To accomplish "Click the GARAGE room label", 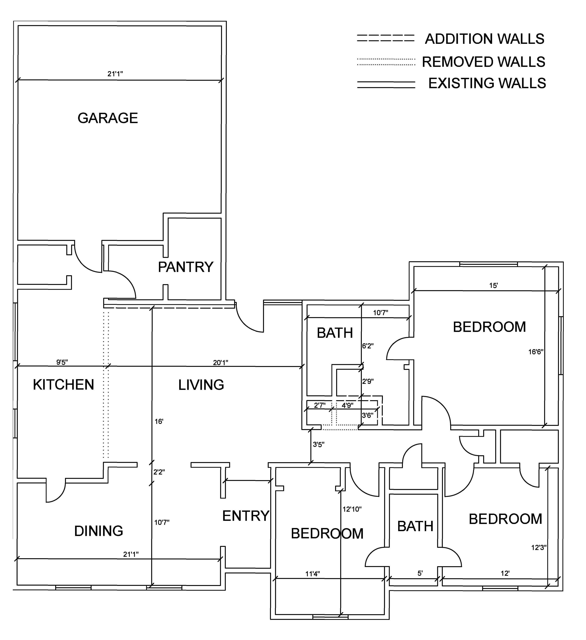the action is (108, 118).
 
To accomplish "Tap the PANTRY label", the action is (186, 267).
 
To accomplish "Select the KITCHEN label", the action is (63, 385).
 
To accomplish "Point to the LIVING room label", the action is (201, 385).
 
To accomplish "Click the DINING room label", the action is (99, 531).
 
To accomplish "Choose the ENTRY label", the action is (246, 516).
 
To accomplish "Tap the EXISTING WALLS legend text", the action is (487, 83).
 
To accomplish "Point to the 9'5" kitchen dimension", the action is (62, 362).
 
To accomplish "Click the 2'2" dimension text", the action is (159, 472).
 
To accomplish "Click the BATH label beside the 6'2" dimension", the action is (335, 333).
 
